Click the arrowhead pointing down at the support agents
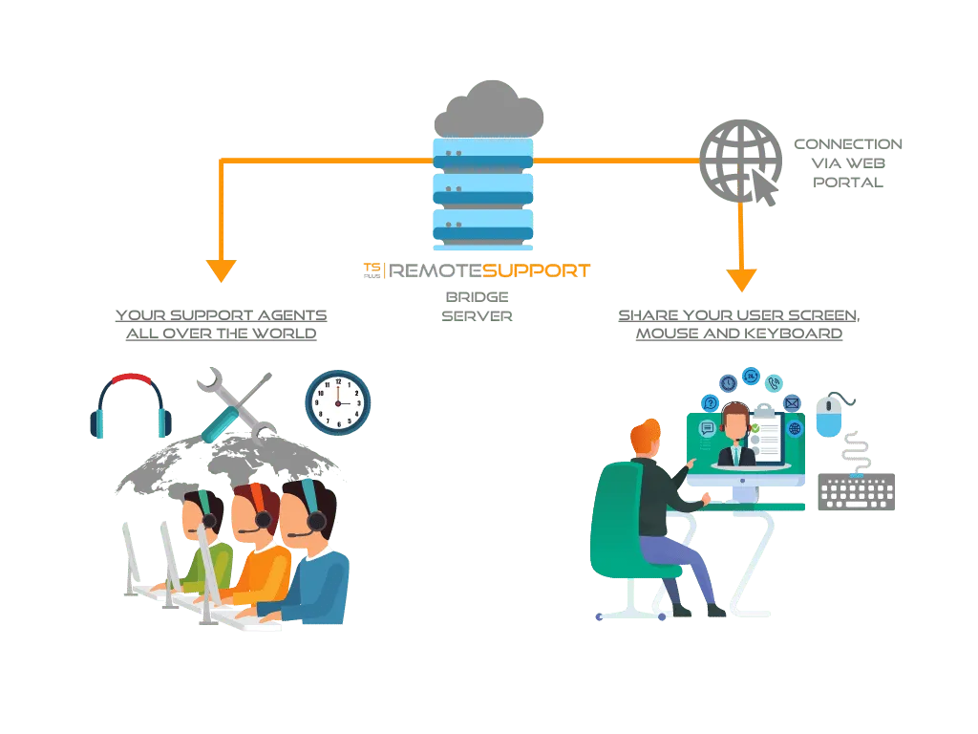point(221,270)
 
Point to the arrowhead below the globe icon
point(741,279)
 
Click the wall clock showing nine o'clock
point(337,402)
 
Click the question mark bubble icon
point(710,402)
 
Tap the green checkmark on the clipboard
point(755,427)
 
